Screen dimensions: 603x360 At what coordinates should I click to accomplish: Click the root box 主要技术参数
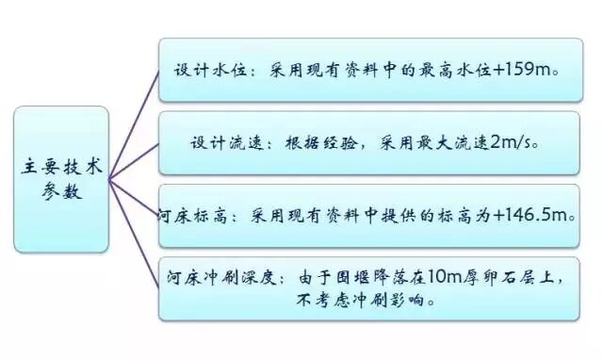[61, 175]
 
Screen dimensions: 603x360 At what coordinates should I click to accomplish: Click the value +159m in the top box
[525, 71]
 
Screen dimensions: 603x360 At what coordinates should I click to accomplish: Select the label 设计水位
[204, 71]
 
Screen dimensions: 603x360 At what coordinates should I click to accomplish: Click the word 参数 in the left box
[62, 188]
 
